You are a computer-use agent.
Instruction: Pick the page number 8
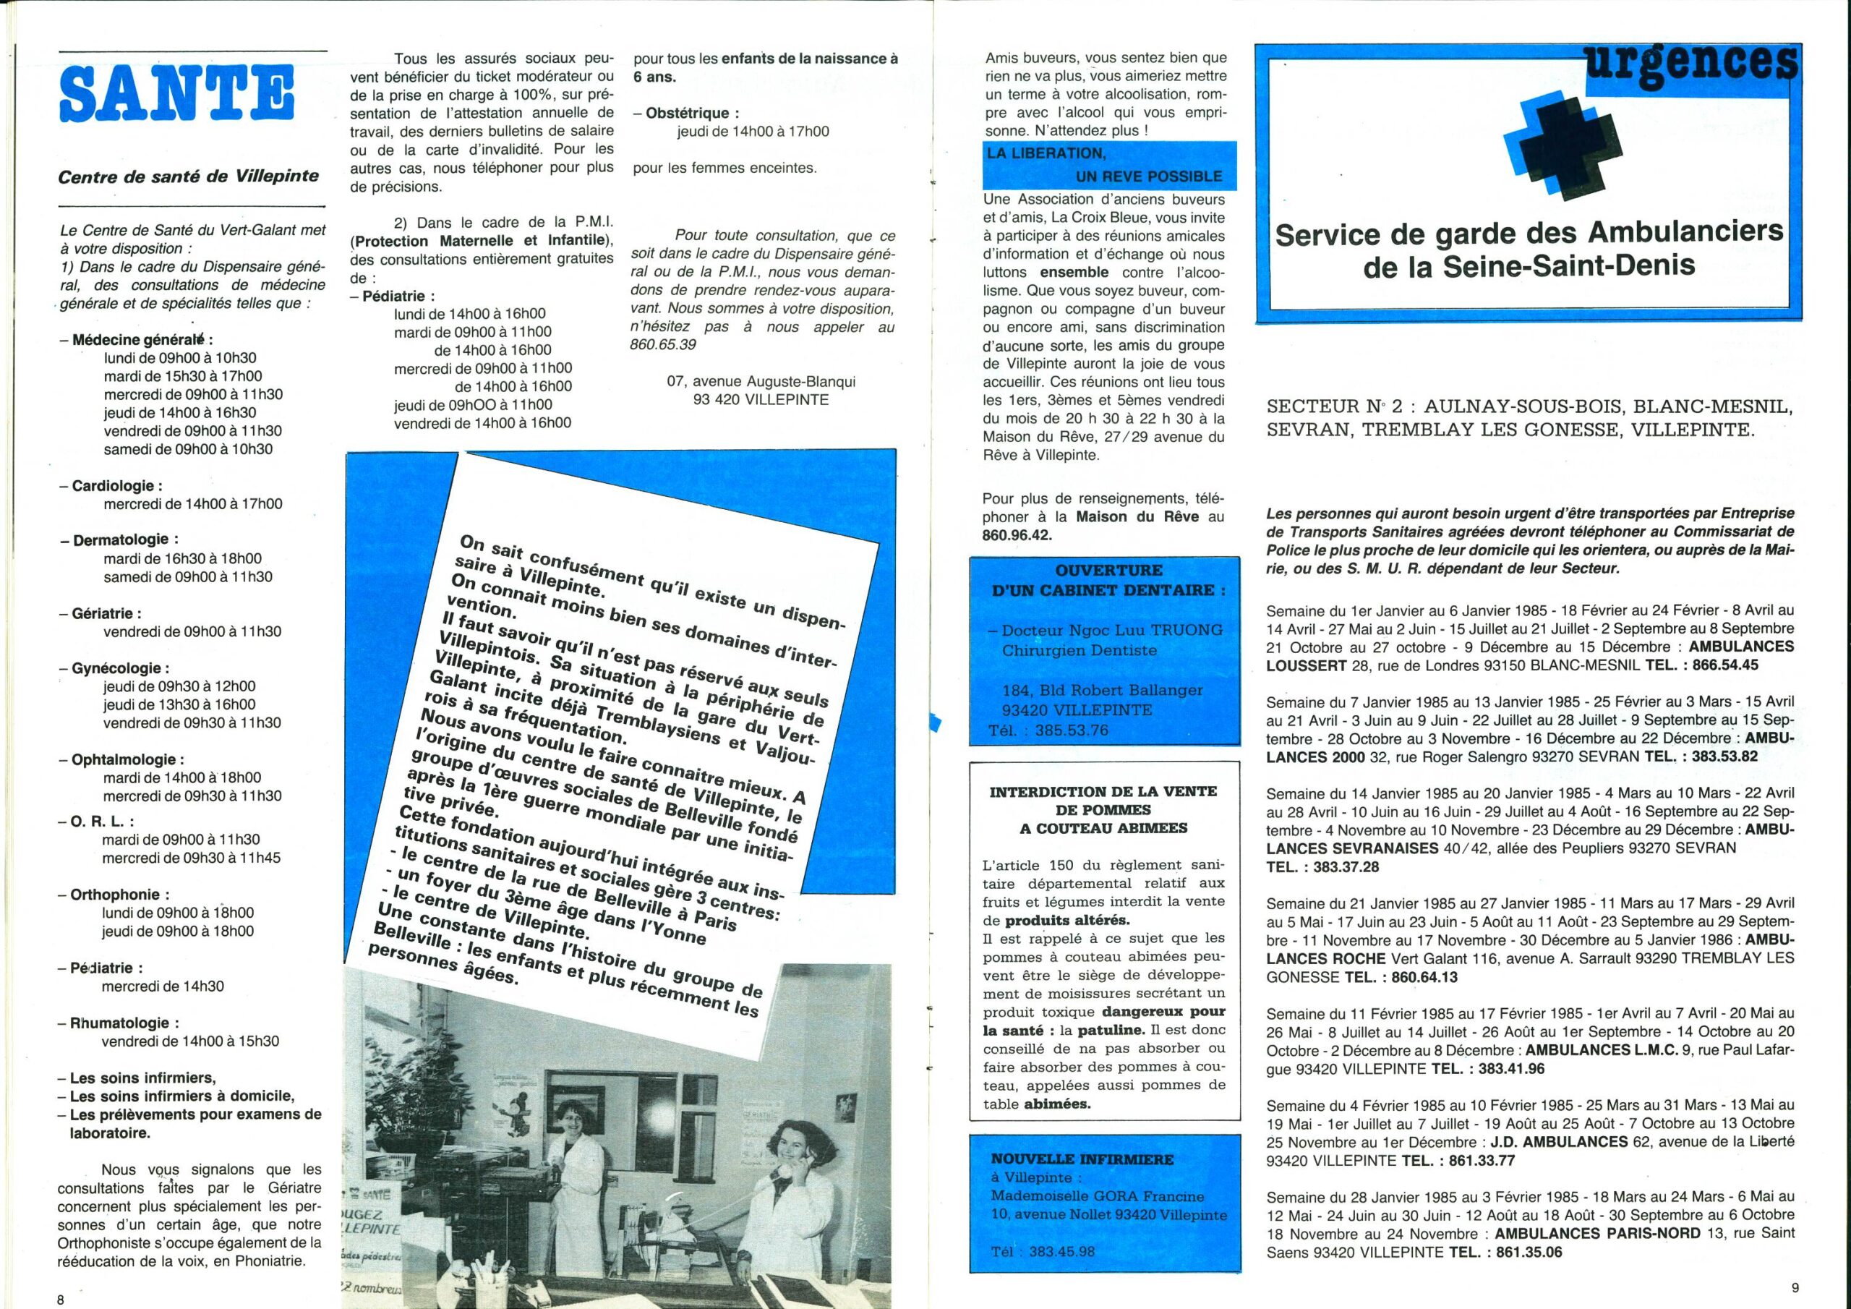point(60,1300)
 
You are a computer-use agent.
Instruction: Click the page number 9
point(1794,1288)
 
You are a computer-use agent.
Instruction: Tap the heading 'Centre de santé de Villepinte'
point(189,176)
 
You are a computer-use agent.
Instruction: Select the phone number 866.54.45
point(1719,665)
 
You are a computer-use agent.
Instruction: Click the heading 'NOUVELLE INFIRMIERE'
point(1082,1159)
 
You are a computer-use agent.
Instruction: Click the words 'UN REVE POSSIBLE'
point(1149,176)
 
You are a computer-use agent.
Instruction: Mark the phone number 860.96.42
point(1018,534)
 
